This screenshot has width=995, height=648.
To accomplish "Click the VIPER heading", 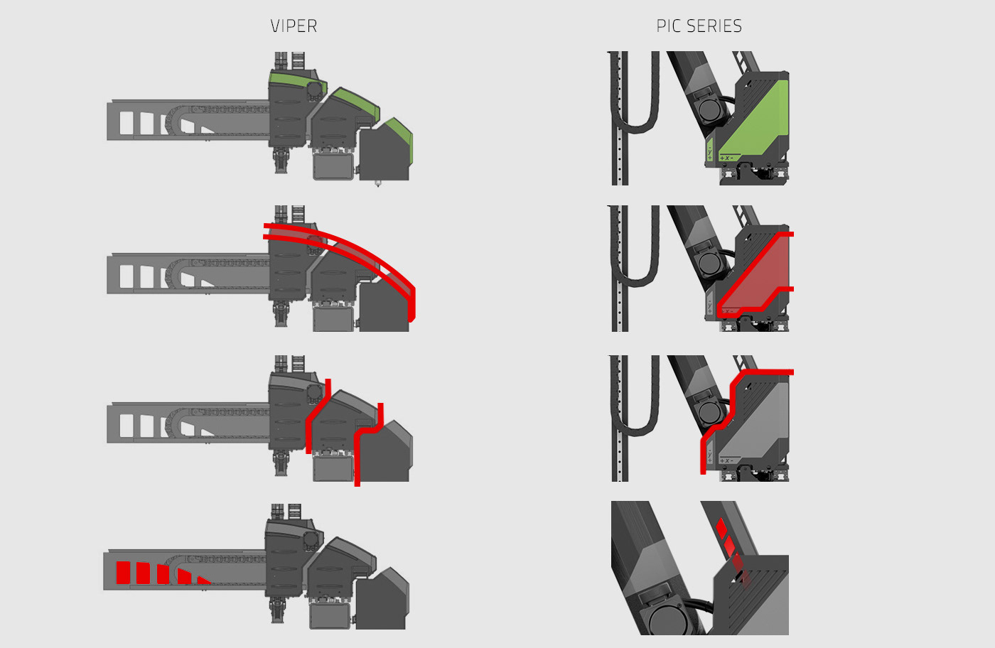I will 294,26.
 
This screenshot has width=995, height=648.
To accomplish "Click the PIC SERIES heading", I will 699,26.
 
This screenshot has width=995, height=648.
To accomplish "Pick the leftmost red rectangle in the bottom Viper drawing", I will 124,573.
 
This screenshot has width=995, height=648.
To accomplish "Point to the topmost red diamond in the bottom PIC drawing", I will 721,527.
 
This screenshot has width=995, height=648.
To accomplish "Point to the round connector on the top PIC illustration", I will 711,109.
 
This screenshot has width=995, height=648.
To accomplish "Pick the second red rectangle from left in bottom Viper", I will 143,573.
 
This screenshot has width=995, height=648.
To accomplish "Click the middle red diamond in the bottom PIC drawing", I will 729,545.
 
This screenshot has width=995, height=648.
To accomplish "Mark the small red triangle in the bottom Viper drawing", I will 203,580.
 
